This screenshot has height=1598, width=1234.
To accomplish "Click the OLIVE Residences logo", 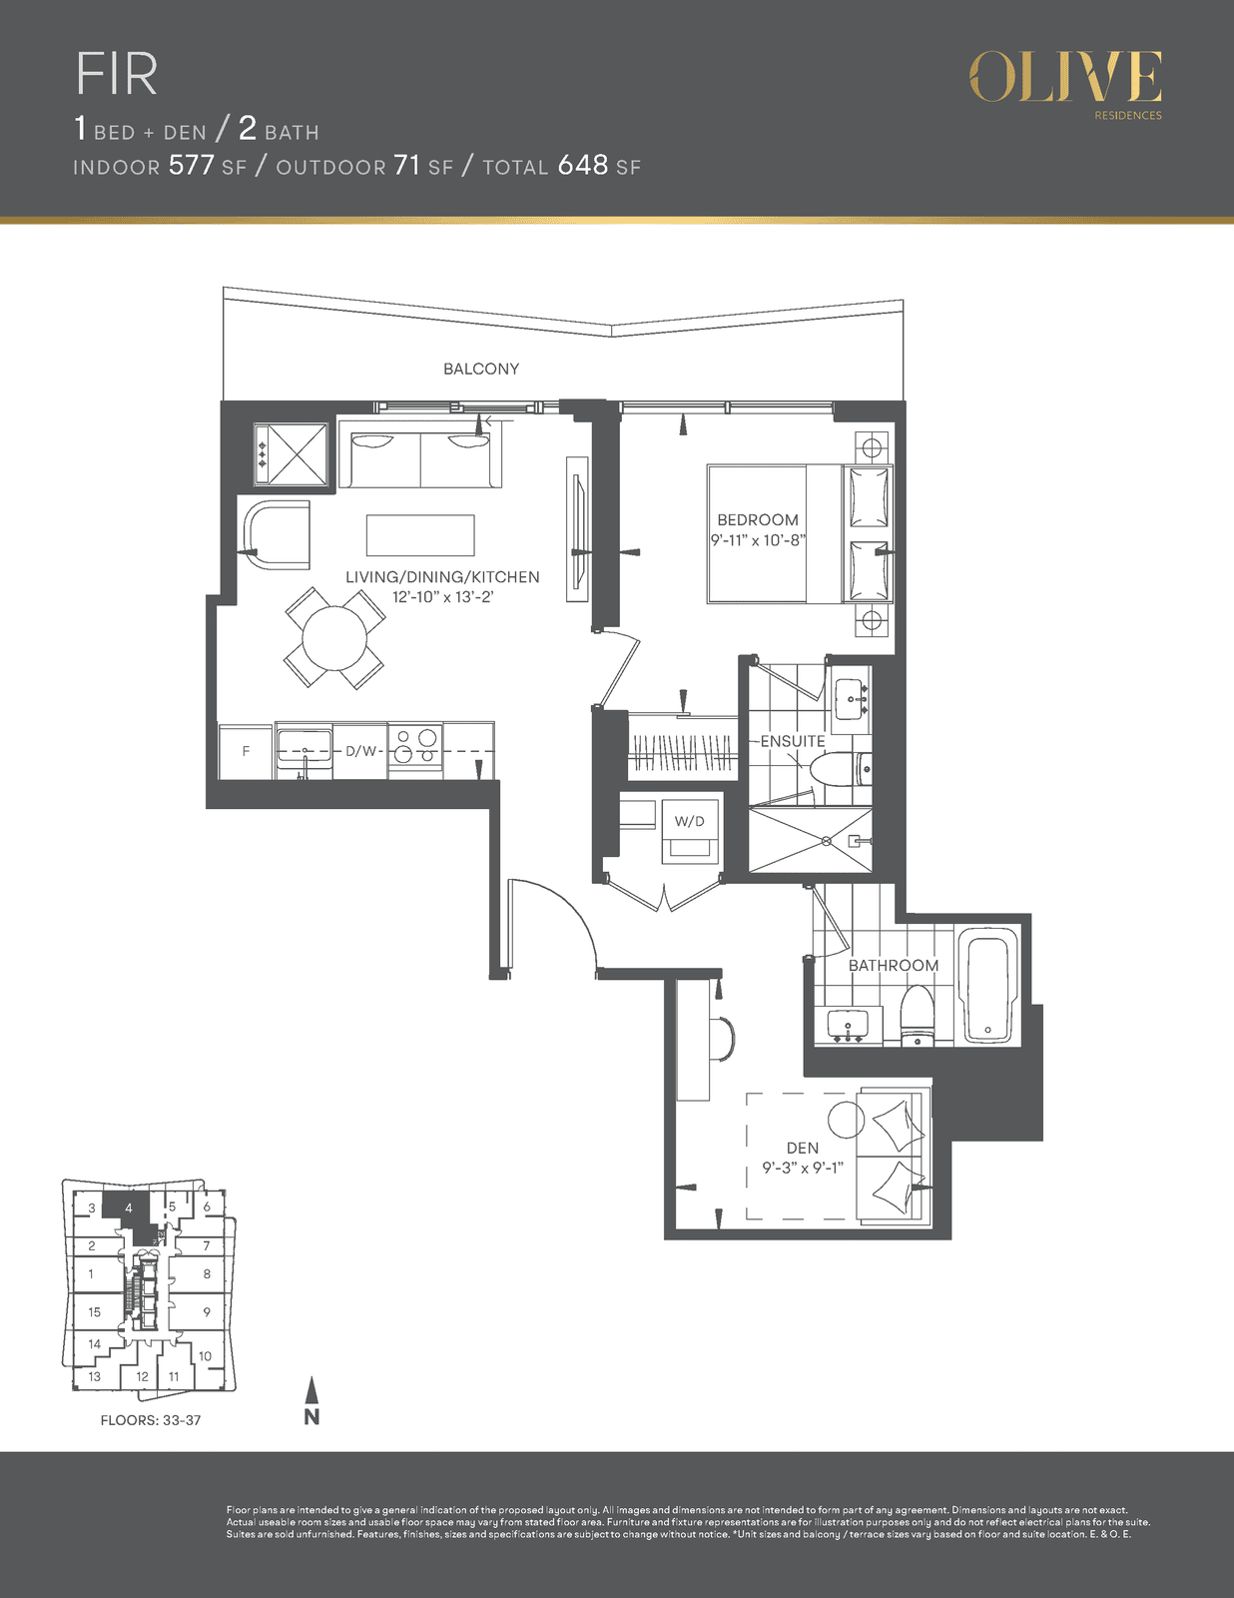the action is pos(1065,85).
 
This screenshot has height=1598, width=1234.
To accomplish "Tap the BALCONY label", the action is pos(481,369).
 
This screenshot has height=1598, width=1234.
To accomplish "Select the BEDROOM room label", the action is pos(757,519).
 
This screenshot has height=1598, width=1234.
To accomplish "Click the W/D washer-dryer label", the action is pos(690,821).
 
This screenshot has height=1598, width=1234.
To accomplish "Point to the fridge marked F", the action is pos(246,752).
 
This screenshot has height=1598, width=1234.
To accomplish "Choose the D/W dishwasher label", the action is pos(360,751).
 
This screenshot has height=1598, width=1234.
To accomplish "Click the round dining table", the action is pos(334,638).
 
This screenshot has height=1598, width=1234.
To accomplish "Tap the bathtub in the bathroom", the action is pos(988,985).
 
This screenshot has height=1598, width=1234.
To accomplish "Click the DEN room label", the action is pos(802,1148).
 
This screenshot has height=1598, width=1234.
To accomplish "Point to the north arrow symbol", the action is pos(311,1400).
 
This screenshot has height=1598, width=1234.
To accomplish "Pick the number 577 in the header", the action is pos(191,165).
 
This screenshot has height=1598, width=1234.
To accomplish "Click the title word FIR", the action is pos(117,74).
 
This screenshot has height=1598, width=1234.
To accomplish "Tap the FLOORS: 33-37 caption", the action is pos(151,1420).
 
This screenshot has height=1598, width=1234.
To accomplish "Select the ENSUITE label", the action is pos(793,741).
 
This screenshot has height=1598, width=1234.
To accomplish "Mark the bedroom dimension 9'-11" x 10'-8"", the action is pos(758,540).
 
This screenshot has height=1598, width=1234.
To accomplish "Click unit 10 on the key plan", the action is pos(205,1356).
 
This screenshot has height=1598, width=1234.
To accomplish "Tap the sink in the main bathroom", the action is pos(849,1025).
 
